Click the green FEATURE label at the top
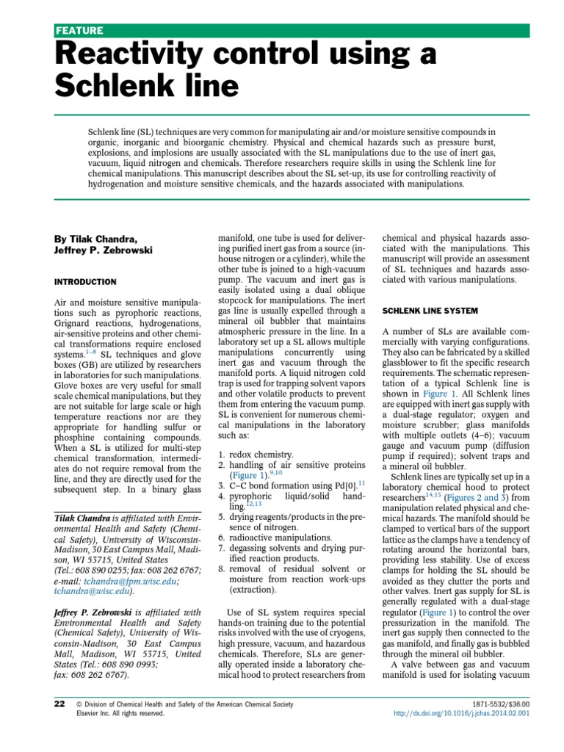click(80, 30)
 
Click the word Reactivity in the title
click(140, 55)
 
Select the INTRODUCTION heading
click(85, 281)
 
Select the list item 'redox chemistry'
click(261, 455)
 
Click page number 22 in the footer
click(60, 704)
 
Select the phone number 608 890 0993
click(140, 664)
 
